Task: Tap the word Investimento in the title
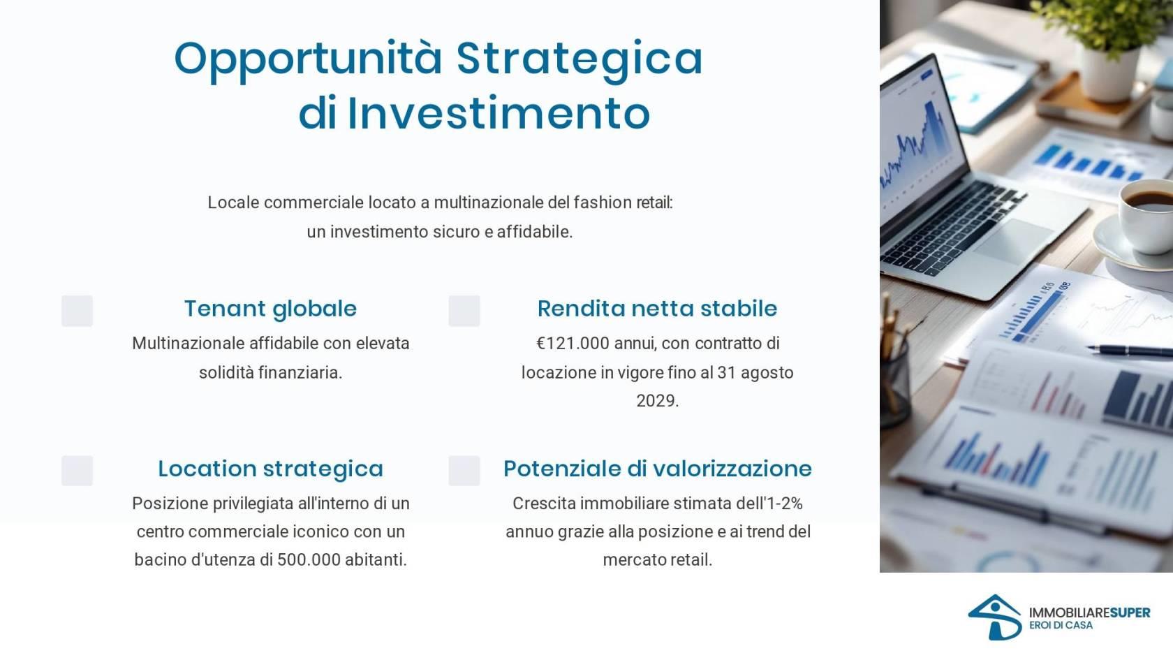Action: point(499,113)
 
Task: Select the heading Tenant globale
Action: point(270,309)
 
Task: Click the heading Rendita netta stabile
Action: point(657,309)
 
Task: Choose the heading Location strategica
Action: point(270,469)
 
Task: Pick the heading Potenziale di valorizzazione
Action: point(657,469)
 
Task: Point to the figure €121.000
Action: point(573,344)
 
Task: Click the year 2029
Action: point(657,401)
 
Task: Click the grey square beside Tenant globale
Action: point(77,311)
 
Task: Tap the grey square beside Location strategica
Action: point(77,471)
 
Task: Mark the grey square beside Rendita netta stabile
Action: point(464,311)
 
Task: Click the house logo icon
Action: point(994,617)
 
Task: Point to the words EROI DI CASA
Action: point(1061,626)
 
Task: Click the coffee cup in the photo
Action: point(1146,215)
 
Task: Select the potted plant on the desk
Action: point(1105,47)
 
